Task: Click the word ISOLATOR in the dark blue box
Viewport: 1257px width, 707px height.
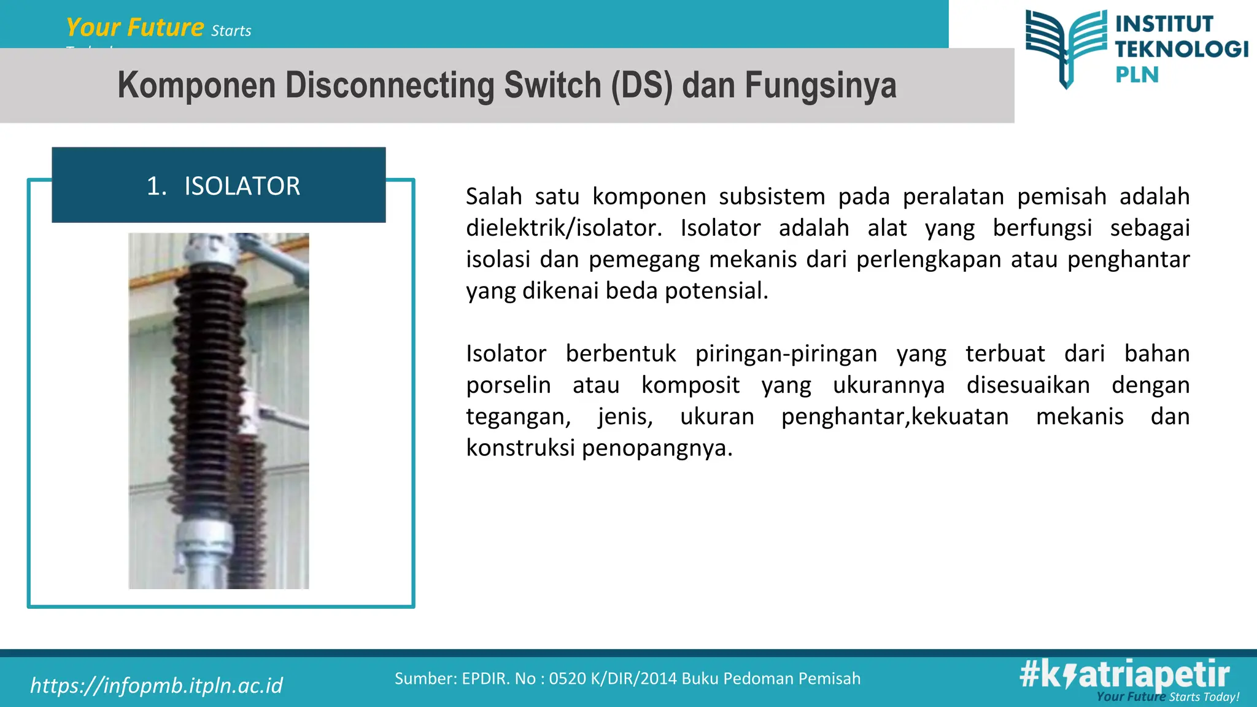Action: pyautogui.click(x=242, y=186)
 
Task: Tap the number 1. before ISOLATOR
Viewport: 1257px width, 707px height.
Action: pyautogui.click(x=157, y=186)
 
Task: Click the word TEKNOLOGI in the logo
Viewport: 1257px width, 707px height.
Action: pyautogui.click(x=1182, y=49)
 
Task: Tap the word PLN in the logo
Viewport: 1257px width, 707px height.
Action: pyautogui.click(x=1137, y=75)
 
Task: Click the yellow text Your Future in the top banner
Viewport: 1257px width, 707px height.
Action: pyautogui.click(x=135, y=28)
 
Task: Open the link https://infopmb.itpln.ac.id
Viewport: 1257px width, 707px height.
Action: pyautogui.click(x=157, y=686)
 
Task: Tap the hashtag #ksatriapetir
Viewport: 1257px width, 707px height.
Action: pyautogui.click(x=1124, y=675)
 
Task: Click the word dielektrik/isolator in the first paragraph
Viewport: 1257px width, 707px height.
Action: pyautogui.click(x=563, y=228)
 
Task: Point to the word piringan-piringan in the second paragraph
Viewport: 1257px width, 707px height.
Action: pyautogui.click(x=786, y=354)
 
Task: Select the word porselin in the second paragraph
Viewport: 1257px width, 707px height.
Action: pyautogui.click(x=508, y=385)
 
